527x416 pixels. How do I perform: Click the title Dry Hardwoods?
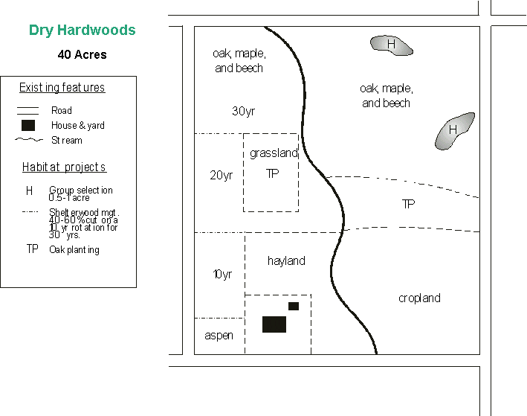83,31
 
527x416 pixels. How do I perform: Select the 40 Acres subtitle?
82,54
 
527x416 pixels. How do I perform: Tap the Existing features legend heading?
62,88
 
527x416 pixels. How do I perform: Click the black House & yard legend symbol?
28,125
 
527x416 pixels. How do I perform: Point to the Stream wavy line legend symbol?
28,140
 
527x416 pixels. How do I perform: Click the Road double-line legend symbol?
28,111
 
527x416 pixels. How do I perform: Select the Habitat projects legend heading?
64,167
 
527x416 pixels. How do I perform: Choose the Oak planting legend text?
74,250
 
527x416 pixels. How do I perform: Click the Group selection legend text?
81,191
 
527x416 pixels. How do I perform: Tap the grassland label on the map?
274,154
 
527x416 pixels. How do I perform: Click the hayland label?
286,261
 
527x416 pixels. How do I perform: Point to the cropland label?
419,298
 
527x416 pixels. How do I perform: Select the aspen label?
219,336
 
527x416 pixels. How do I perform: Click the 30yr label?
243,112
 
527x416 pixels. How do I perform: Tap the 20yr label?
221,176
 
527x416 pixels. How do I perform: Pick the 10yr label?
222,275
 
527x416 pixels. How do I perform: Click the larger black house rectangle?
274,324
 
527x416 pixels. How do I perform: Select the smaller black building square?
294,306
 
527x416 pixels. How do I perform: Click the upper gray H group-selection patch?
392,45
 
